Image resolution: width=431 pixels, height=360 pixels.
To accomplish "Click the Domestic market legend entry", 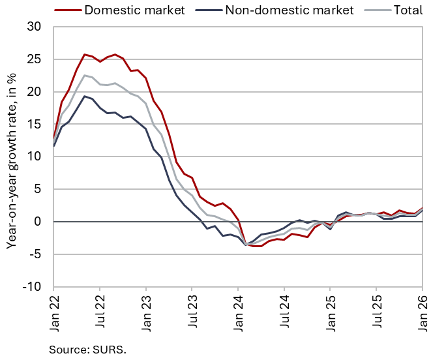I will coord(133,10).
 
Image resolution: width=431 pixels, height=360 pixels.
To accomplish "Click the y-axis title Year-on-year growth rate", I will coord(12,157).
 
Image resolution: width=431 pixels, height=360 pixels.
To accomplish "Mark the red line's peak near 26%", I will coord(85,54).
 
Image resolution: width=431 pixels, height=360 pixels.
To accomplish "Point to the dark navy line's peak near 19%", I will coord(85,96).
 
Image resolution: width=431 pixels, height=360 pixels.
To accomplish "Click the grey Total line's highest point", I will coord(85,75).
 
